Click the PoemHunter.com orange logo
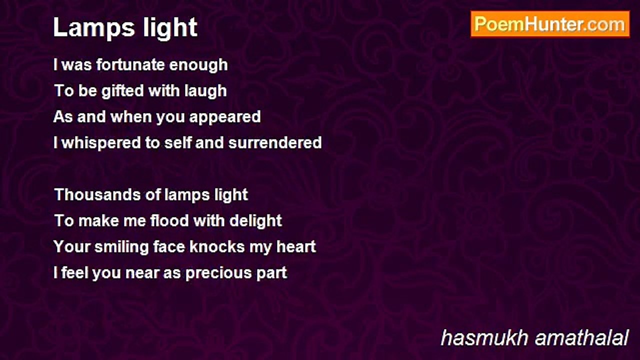pyautogui.click(x=550, y=24)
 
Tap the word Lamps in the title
pyautogui.click(x=94, y=27)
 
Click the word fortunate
pyautogui.click(x=130, y=64)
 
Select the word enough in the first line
pyautogui.click(x=198, y=65)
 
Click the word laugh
pyautogui.click(x=205, y=91)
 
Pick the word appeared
pyautogui.click(x=225, y=117)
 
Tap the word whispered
pyautogui.click(x=101, y=143)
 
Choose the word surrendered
pyautogui.click(x=275, y=142)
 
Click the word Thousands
pyautogui.click(x=97, y=195)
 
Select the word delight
pyautogui.click(x=255, y=221)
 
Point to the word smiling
pyautogui.click(x=121, y=247)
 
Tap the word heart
pyautogui.click(x=296, y=247)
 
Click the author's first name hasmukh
pyautogui.click(x=484, y=338)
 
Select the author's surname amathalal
pyautogui.click(x=581, y=338)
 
